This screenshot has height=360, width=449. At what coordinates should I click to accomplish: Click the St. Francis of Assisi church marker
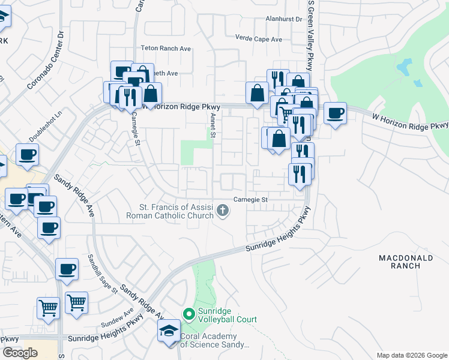click(223, 210)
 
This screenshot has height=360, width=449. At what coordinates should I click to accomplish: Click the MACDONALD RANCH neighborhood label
click(406, 263)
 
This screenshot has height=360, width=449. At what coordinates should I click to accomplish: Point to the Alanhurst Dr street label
click(284, 19)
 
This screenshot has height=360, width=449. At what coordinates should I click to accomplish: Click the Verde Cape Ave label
click(259, 40)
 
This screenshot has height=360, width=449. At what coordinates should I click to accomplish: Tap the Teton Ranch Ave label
click(165, 49)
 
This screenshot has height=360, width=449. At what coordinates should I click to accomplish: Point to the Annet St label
click(212, 126)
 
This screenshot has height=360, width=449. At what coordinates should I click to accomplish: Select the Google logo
click(20, 353)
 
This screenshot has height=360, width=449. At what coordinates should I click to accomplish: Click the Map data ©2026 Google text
click(412, 355)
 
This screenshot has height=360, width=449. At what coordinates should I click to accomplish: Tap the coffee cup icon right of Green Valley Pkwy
click(336, 112)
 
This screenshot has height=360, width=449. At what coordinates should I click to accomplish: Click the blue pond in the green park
click(406, 68)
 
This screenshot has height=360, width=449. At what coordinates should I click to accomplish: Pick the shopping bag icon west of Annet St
click(151, 93)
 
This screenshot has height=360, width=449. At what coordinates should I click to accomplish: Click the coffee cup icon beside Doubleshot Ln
click(27, 155)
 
